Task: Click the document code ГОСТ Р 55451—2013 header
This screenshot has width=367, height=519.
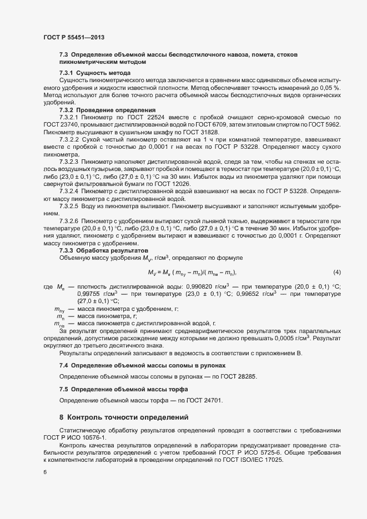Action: coord(73,37)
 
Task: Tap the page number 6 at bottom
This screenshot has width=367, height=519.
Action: coord(44,472)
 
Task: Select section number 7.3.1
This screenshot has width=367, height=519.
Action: coord(66,73)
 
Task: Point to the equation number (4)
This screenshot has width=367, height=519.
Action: coord(336,272)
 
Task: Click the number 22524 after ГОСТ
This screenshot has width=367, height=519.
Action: coord(162,118)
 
